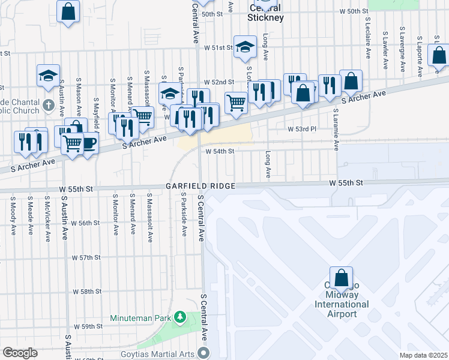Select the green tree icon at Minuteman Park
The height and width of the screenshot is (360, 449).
(x=179, y=316)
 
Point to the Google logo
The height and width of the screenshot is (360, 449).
(x=20, y=353)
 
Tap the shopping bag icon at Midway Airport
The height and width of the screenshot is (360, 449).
(x=341, y=278)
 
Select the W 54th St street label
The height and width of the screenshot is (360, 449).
(x=219, y=152)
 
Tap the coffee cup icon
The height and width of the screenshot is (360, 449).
(x=89, y=143)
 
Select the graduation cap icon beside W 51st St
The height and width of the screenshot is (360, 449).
(x=244, y=48)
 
